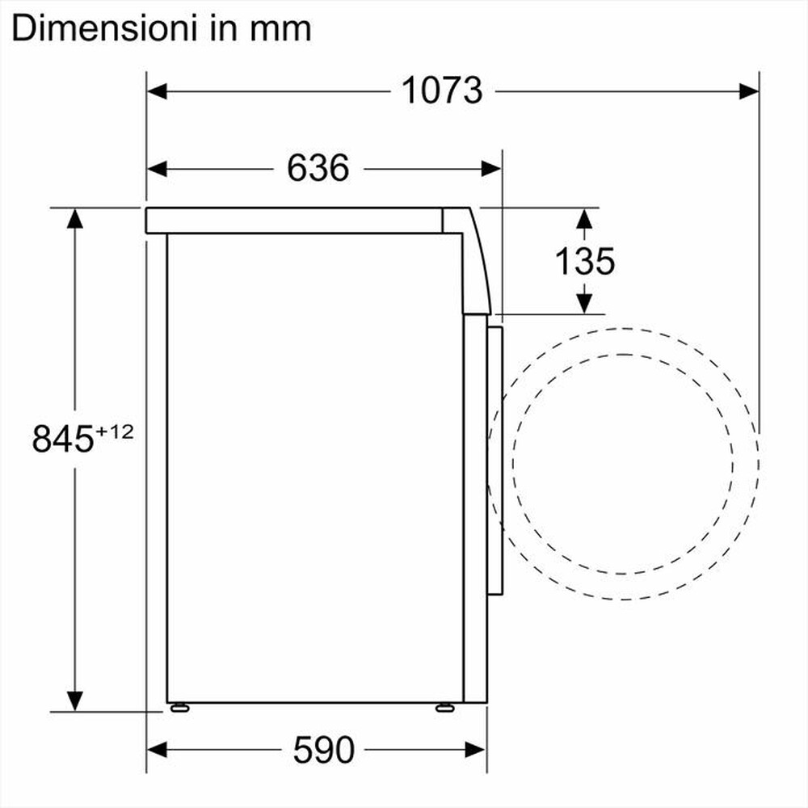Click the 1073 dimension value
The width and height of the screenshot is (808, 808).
pos(441,90)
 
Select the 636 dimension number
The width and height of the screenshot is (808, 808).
pos(318,168)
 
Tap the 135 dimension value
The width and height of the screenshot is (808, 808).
pos(584,260)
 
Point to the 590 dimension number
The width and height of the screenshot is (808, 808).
pos(323,750)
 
